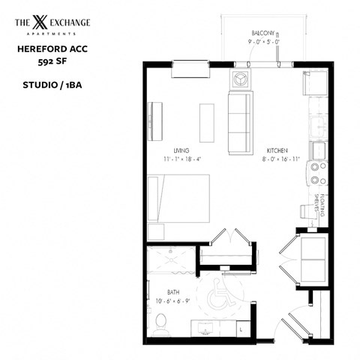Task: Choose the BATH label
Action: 153,292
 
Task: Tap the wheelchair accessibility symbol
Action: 222,292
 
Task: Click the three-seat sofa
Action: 241,120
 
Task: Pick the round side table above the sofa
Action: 241,77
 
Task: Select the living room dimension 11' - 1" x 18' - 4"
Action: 181,159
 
